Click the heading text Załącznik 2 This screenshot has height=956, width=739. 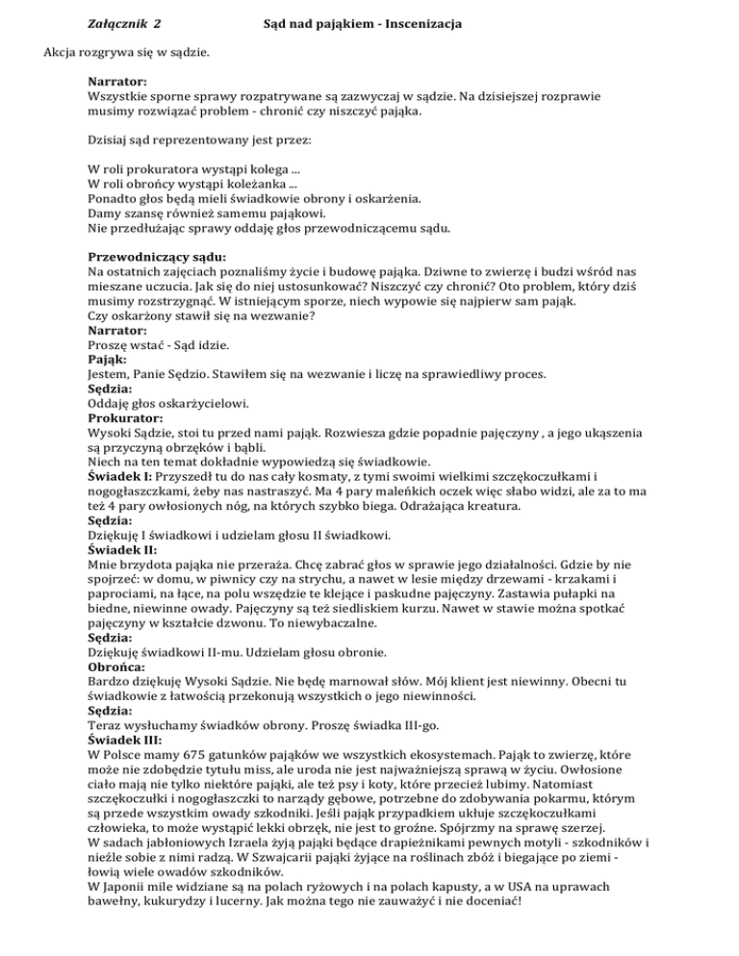pos(124,19)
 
